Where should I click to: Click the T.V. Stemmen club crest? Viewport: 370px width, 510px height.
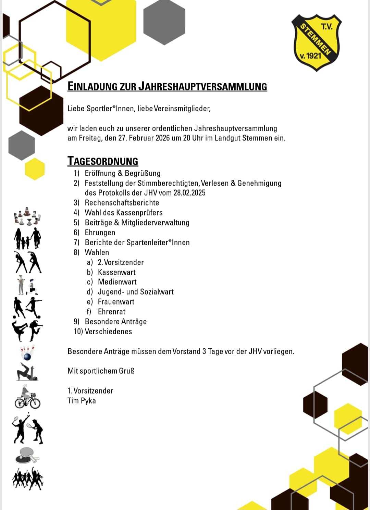point(316,42)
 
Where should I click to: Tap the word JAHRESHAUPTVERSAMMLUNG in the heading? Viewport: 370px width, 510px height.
point(202,86)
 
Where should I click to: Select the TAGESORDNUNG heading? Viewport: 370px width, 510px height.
point(103,161)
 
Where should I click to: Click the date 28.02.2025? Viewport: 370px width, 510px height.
point(189,192)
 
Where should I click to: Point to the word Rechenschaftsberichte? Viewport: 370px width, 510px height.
point(122,202)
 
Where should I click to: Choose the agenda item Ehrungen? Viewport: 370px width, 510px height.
point(100,232)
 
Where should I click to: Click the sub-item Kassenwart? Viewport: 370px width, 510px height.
point(117,272)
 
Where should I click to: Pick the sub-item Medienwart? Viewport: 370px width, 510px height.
point(117,282)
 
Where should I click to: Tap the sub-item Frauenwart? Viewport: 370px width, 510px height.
point(116,302)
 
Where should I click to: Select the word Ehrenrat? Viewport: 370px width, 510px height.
point(112,312)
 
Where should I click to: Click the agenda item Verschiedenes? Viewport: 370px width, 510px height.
point(108,332)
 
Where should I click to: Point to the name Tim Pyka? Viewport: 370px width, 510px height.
point(82,401)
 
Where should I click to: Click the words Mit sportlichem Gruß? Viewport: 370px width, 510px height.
point(101,371)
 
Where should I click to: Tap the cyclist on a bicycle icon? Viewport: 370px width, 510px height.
point(27,397)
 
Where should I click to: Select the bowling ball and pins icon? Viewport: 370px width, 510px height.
point(27,353)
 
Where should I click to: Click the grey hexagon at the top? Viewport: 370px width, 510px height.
point(164,21)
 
